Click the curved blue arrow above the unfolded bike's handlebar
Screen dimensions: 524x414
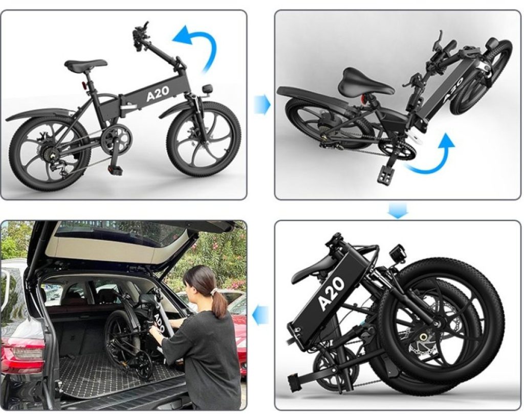point(197,45)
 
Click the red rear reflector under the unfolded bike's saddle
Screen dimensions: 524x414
point(84,85)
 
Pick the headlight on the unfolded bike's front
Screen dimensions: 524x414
point(207,89)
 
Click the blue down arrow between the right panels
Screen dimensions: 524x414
point(398,211)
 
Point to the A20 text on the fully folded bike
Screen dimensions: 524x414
point(332,293)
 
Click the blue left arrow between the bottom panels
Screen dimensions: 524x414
point(260,315)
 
